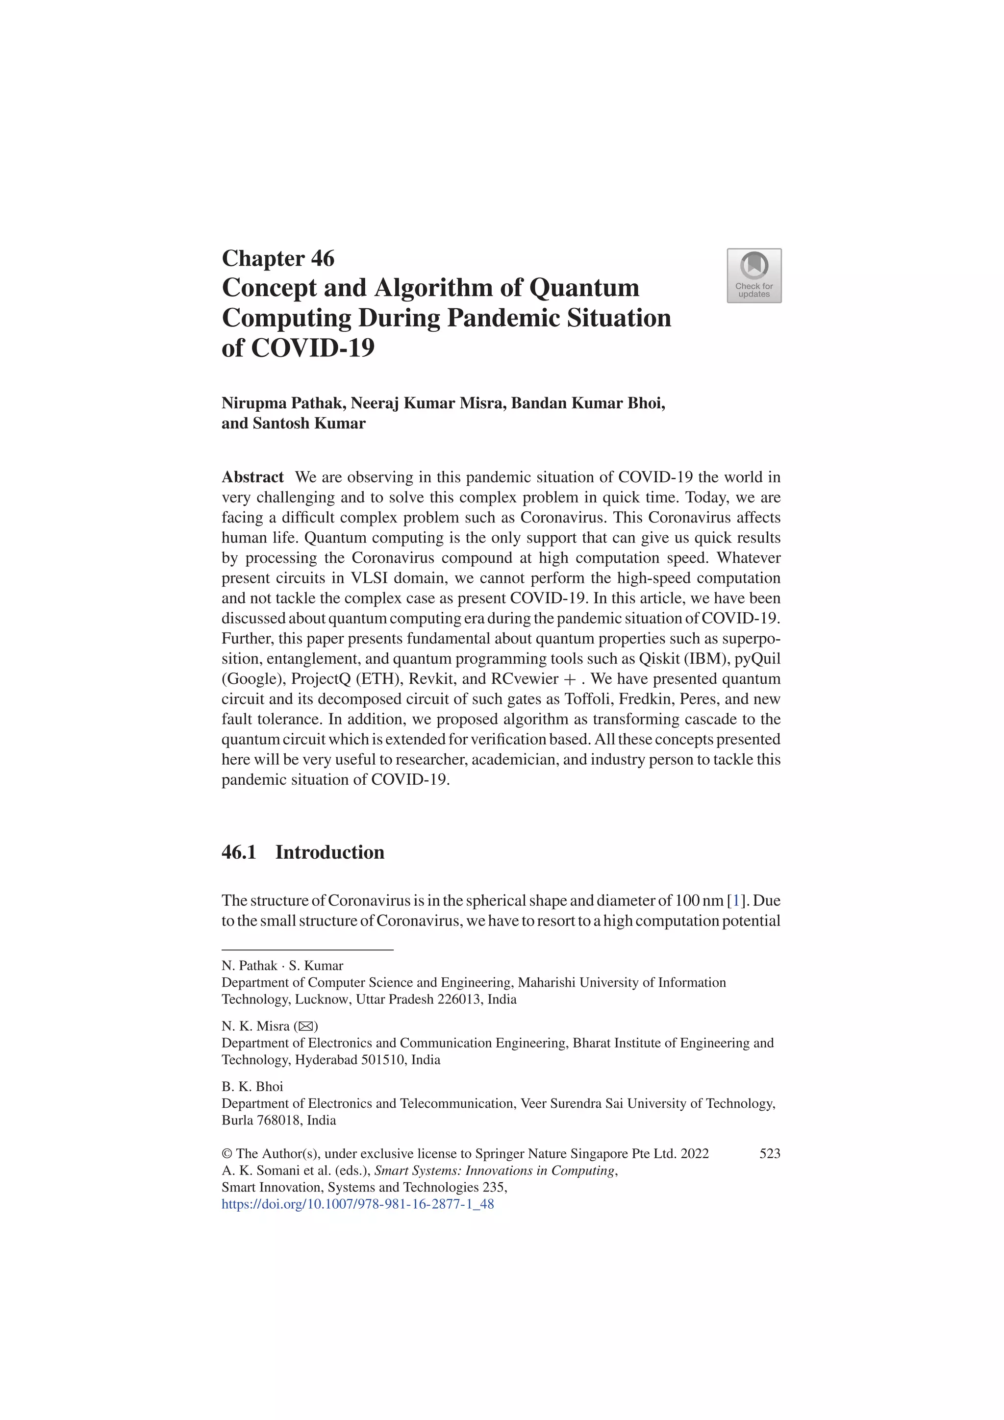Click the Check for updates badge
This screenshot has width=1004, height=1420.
click(753, 276)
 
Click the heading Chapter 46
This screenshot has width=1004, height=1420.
click(278, 258)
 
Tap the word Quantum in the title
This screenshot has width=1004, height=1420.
click(584, 288)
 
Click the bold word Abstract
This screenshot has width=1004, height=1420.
click(252, 477)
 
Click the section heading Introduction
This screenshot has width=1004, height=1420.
click(330, 852)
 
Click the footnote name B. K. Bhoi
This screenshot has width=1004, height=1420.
click(252, 1087)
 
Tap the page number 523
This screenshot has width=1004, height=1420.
click(770, 1153)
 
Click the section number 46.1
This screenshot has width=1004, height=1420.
click(239, 852)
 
